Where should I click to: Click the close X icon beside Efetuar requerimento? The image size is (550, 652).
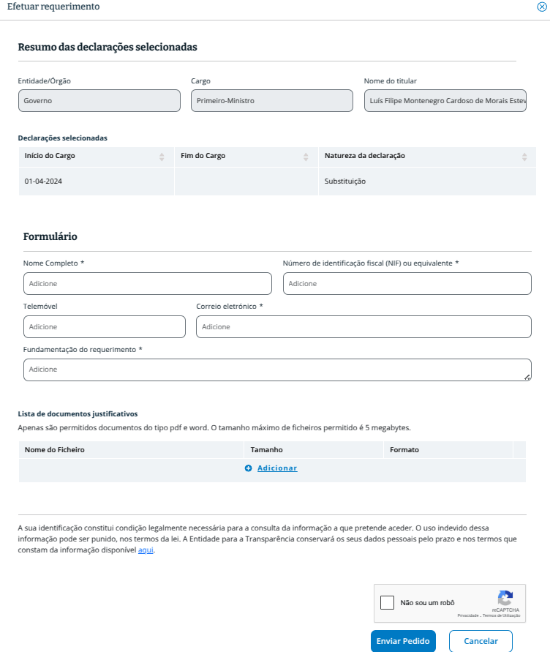542,7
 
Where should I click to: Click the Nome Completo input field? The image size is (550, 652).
147,283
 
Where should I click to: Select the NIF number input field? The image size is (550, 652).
407,283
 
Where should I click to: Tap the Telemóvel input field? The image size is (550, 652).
104,326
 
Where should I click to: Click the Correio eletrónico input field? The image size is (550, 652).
363,326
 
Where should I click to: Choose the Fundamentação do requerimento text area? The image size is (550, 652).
276,370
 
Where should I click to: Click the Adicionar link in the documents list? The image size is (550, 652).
276,468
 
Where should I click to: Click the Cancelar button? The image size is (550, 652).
481,641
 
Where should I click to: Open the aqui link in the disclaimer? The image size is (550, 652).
146,550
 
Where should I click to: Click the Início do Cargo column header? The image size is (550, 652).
50,156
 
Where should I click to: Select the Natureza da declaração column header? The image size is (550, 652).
365,156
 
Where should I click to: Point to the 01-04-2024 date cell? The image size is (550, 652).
43,181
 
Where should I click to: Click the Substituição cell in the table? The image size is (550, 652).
345,181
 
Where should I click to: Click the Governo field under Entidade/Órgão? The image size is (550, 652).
99,101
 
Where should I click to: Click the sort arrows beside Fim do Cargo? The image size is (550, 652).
306,157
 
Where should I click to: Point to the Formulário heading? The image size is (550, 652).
50,236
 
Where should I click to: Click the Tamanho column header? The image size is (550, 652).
266,449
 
